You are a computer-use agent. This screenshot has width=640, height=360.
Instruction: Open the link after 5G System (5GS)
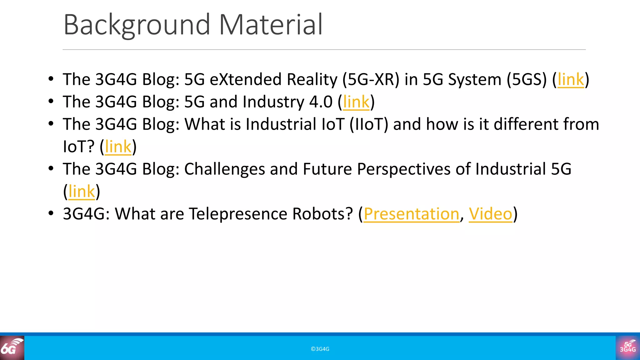[571, 79]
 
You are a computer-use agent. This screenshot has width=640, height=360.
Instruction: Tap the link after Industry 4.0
[356, 102]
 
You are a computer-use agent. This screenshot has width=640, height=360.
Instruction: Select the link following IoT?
[118, 147]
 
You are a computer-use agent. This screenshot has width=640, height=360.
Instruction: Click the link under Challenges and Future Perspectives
[82, 191]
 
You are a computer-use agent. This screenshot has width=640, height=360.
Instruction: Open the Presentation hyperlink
[411, 214]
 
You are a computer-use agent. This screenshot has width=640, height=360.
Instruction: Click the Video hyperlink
[491, 214]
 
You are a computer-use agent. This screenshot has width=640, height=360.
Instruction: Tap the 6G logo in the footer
[12, 348]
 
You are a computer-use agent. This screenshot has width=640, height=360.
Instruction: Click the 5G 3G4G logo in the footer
[627, 348]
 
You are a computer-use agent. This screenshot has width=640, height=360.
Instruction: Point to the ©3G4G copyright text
[320, 349]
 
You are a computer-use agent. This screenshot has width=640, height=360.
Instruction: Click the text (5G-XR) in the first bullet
[371, 79]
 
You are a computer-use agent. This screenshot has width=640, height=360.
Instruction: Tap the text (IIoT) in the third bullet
[369, 124]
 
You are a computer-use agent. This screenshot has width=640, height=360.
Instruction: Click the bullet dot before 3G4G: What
[51, 213]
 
